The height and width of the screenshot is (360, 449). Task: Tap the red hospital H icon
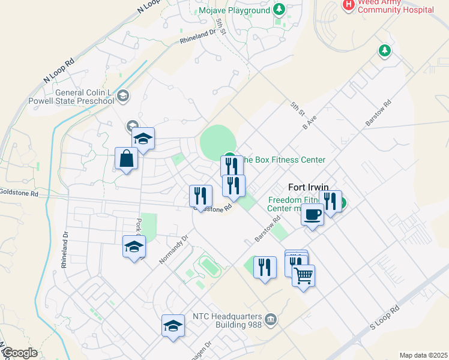(348, 5)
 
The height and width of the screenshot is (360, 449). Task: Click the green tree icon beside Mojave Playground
(278, 9)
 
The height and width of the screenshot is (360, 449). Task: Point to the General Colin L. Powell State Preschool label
(85, 97)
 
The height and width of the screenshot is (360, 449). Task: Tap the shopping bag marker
(127, 159)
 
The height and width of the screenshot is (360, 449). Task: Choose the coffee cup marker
(312, 214)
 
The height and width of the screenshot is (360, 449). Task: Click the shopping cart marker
(304, 276)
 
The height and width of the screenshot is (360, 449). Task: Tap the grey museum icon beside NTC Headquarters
(270, 319)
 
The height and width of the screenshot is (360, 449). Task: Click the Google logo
(20, 353)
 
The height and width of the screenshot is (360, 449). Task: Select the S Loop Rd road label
(384, 319)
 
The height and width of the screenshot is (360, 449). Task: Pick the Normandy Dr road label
(174, 248)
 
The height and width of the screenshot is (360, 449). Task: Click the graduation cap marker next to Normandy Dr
(134, 246)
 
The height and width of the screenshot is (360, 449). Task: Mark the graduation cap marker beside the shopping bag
(143, 139)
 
